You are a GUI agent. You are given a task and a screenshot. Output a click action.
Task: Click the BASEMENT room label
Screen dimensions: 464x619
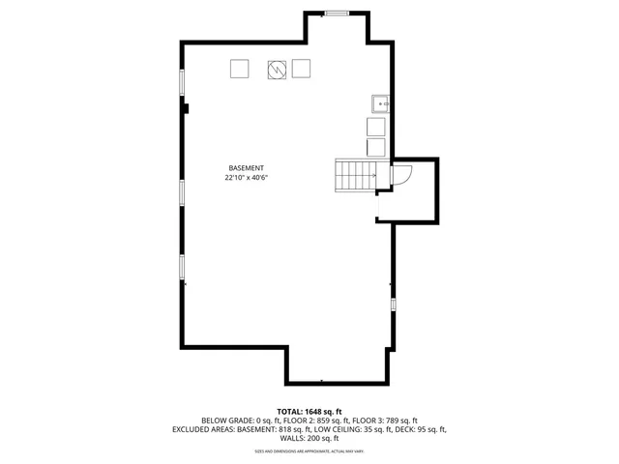click(246, 168)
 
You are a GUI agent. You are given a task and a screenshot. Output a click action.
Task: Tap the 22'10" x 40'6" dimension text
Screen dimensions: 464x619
click(246, 178)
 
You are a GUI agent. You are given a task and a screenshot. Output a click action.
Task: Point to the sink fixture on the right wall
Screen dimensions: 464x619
click(380, 103)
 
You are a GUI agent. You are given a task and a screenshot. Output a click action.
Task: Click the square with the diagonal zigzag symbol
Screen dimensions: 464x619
click(278, 69)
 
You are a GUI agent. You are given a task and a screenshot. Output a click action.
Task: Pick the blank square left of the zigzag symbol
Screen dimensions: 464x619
click(239, 69)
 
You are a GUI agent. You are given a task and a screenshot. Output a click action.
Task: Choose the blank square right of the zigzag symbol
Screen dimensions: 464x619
click(301, 69)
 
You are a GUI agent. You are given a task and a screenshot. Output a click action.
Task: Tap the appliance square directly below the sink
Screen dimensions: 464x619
click(376, 127)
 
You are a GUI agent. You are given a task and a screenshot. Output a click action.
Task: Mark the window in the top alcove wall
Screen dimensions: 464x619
click(338, 14)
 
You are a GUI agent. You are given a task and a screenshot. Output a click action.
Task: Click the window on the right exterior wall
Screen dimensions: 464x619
click(393, 304)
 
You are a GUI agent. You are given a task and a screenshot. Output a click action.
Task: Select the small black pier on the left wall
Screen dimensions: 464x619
click(186, 108)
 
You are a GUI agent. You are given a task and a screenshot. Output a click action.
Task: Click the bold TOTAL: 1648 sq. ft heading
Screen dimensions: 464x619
click(309, 411)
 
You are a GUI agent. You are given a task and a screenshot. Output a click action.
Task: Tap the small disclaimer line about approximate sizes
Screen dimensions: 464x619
click(309, 451)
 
